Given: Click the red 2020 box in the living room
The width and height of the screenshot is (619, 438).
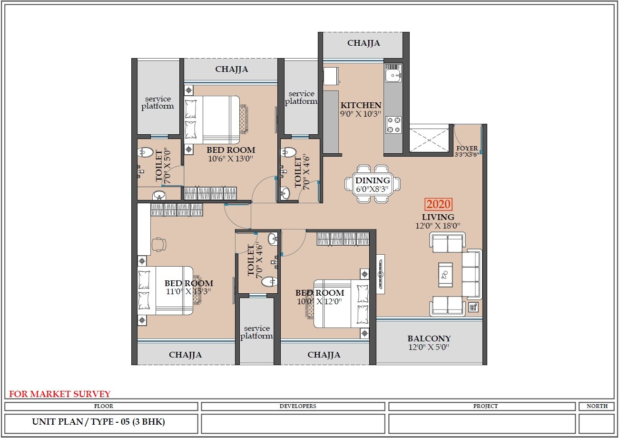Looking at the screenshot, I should click(x=438, y=204).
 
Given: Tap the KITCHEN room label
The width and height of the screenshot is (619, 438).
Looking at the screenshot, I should click(x=361, y=105).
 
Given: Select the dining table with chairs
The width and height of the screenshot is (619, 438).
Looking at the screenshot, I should click(x=373, y=184).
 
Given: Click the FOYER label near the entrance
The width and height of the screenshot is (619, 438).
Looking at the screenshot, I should click(x=466, y=149).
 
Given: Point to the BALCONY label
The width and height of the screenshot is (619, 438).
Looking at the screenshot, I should click(x=429, y=339).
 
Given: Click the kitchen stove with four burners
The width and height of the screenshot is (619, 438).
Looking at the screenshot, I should click(x=393, y=125).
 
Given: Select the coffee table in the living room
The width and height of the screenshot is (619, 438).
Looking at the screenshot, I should click(x=445, y=274).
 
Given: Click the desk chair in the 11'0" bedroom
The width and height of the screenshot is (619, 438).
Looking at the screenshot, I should click(x=159, y=244).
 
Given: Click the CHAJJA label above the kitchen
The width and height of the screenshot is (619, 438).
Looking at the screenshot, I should click(x=364, y=43).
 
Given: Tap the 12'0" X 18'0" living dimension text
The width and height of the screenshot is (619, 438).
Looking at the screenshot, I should click(x=438, y=226).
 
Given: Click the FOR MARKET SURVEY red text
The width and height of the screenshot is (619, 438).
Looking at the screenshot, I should click(x=59, y=394).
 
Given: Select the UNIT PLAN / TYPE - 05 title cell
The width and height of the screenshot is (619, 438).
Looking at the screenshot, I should click(x=98, y=422).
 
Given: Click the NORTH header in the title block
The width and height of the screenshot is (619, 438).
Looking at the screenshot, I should click(x=597, y=406).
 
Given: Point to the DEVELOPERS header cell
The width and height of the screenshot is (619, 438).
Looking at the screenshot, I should click(x=293, y=406).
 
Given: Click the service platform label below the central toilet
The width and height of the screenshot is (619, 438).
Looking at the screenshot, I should click(x=256, y=332).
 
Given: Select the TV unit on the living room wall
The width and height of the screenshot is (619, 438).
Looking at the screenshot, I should click(x=380, y=274).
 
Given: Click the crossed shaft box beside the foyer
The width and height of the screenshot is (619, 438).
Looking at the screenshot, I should click(x=430, y=139).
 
